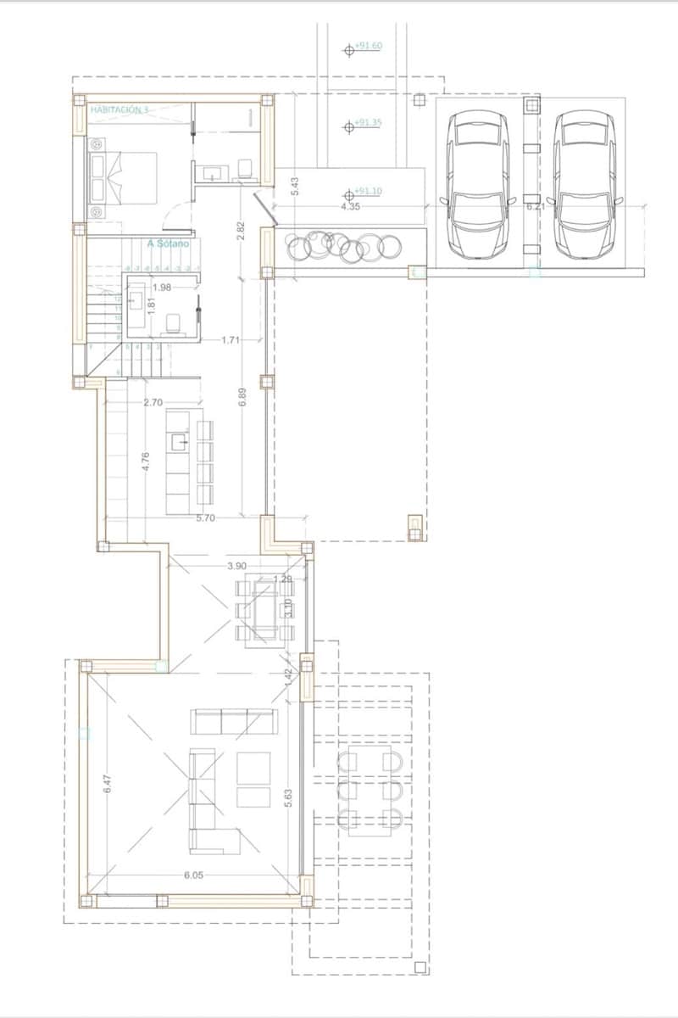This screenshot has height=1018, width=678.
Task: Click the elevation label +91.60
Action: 368,47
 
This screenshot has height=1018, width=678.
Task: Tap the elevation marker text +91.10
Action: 368,191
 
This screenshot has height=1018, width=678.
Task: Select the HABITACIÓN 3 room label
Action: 119,109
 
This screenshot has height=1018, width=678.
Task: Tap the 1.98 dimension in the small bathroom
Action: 162,288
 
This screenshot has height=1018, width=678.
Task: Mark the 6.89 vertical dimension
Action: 242,399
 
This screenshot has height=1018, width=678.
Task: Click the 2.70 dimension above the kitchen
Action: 153,402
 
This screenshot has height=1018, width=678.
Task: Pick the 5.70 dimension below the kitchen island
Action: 204,517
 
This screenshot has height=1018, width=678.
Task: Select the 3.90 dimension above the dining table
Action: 237,565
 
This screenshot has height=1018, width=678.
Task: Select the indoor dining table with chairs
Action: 262,610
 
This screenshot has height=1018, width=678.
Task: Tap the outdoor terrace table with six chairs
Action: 369,789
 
